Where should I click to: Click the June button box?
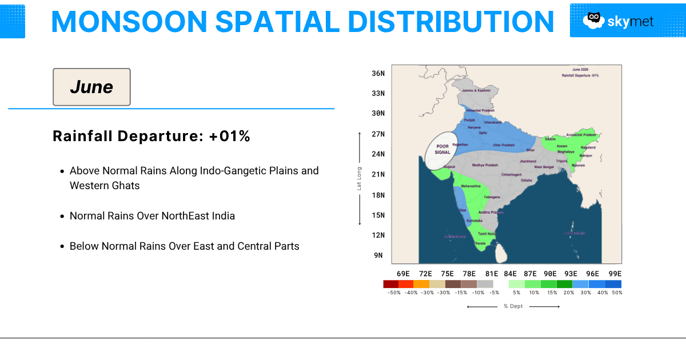pyautogui.click(x=91, y=87)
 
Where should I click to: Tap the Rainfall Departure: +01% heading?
pyautogui.click(x=151, y=137)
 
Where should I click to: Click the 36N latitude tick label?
pyautogui.click(x=378, y=73)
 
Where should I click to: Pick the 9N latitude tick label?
pyautogui.click(x=378, y=255)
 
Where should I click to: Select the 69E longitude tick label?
pyautogui.click(x=403, y=274)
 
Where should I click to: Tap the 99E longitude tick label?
pyautogui.click(x=615, y=274)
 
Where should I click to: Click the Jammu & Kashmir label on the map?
pyautogui.click(x=477, y=90)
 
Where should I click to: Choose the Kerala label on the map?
pyautogui.click(x=480, y=243)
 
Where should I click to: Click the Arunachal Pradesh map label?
pyautogui.click(x=581, y=135)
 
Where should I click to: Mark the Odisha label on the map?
pyautogui.click(x=526, y=180)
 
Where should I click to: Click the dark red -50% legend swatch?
pyautogui.click(x=390, y=284)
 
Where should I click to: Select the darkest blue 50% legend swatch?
pyautogui.click(x=613, y=284)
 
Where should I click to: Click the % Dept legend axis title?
pyautogui.click(x=513, y=306)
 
